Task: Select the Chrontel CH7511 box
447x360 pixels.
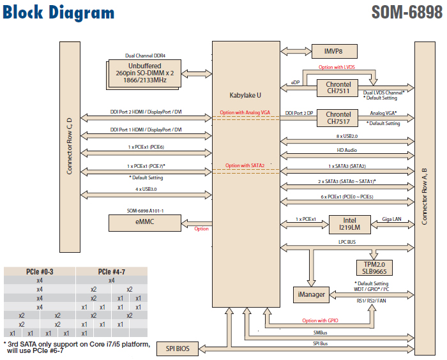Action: pyautogui.click(x=338, y=88)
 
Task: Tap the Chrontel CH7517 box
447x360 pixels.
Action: pyautogui.click(x=338, y=118)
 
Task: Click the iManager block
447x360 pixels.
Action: pyautogui.click(x=311, y=294)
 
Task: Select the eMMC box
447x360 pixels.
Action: pyautogui.click(x=145, y=223)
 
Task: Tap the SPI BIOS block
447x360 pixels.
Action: pyautogui.click(x=178, y=349)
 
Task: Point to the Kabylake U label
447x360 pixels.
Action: pyautogui.click(x=245, y=95)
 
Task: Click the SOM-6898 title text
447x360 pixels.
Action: pyautogui.click(x=406, y=12)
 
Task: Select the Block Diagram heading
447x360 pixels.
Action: pyautogui.click(x=59, y=13)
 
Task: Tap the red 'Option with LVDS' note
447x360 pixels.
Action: pyautogui.click(x=337, y=67)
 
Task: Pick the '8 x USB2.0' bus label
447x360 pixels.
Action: pyautogui.click(x=347, y=137)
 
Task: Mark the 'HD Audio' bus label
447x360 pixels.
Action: pyautogui.click(x=347, y=151)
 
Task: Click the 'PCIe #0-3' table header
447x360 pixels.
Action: pyautogui.click(x=40, y=271)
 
